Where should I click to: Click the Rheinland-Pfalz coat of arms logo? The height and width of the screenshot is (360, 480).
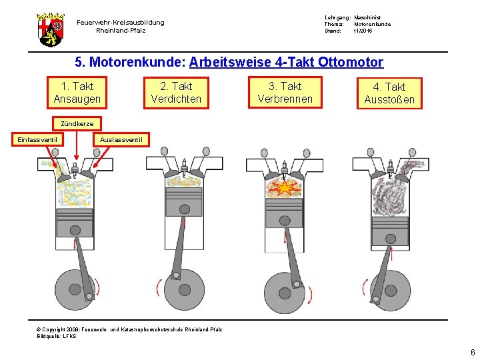click(50, 28)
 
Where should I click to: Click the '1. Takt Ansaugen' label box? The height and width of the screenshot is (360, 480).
click(77, 93)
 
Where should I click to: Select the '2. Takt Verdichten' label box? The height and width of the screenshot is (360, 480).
click(176, 93)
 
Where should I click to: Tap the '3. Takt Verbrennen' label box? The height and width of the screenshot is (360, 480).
click(285, 93)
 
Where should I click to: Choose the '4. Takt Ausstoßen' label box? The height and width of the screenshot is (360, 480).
click(389, 93)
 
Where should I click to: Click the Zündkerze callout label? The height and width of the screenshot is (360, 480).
click(77, 124)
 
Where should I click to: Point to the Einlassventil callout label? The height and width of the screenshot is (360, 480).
click(37, 139)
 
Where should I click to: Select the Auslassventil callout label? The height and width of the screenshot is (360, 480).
click(120, 139)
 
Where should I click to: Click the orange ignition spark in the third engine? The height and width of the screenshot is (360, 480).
click(285, 187)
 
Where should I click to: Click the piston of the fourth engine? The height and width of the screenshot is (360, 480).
click(389, 230)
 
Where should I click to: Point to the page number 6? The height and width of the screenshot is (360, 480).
click(472, 353)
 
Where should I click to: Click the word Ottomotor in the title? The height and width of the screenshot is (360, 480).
click(351, 63)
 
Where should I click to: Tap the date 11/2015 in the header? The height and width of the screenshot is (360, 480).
click(363, 31)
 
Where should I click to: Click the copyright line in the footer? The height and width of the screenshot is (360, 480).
click(129, 329)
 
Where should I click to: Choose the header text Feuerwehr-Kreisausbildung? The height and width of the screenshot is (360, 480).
click(120, 23)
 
